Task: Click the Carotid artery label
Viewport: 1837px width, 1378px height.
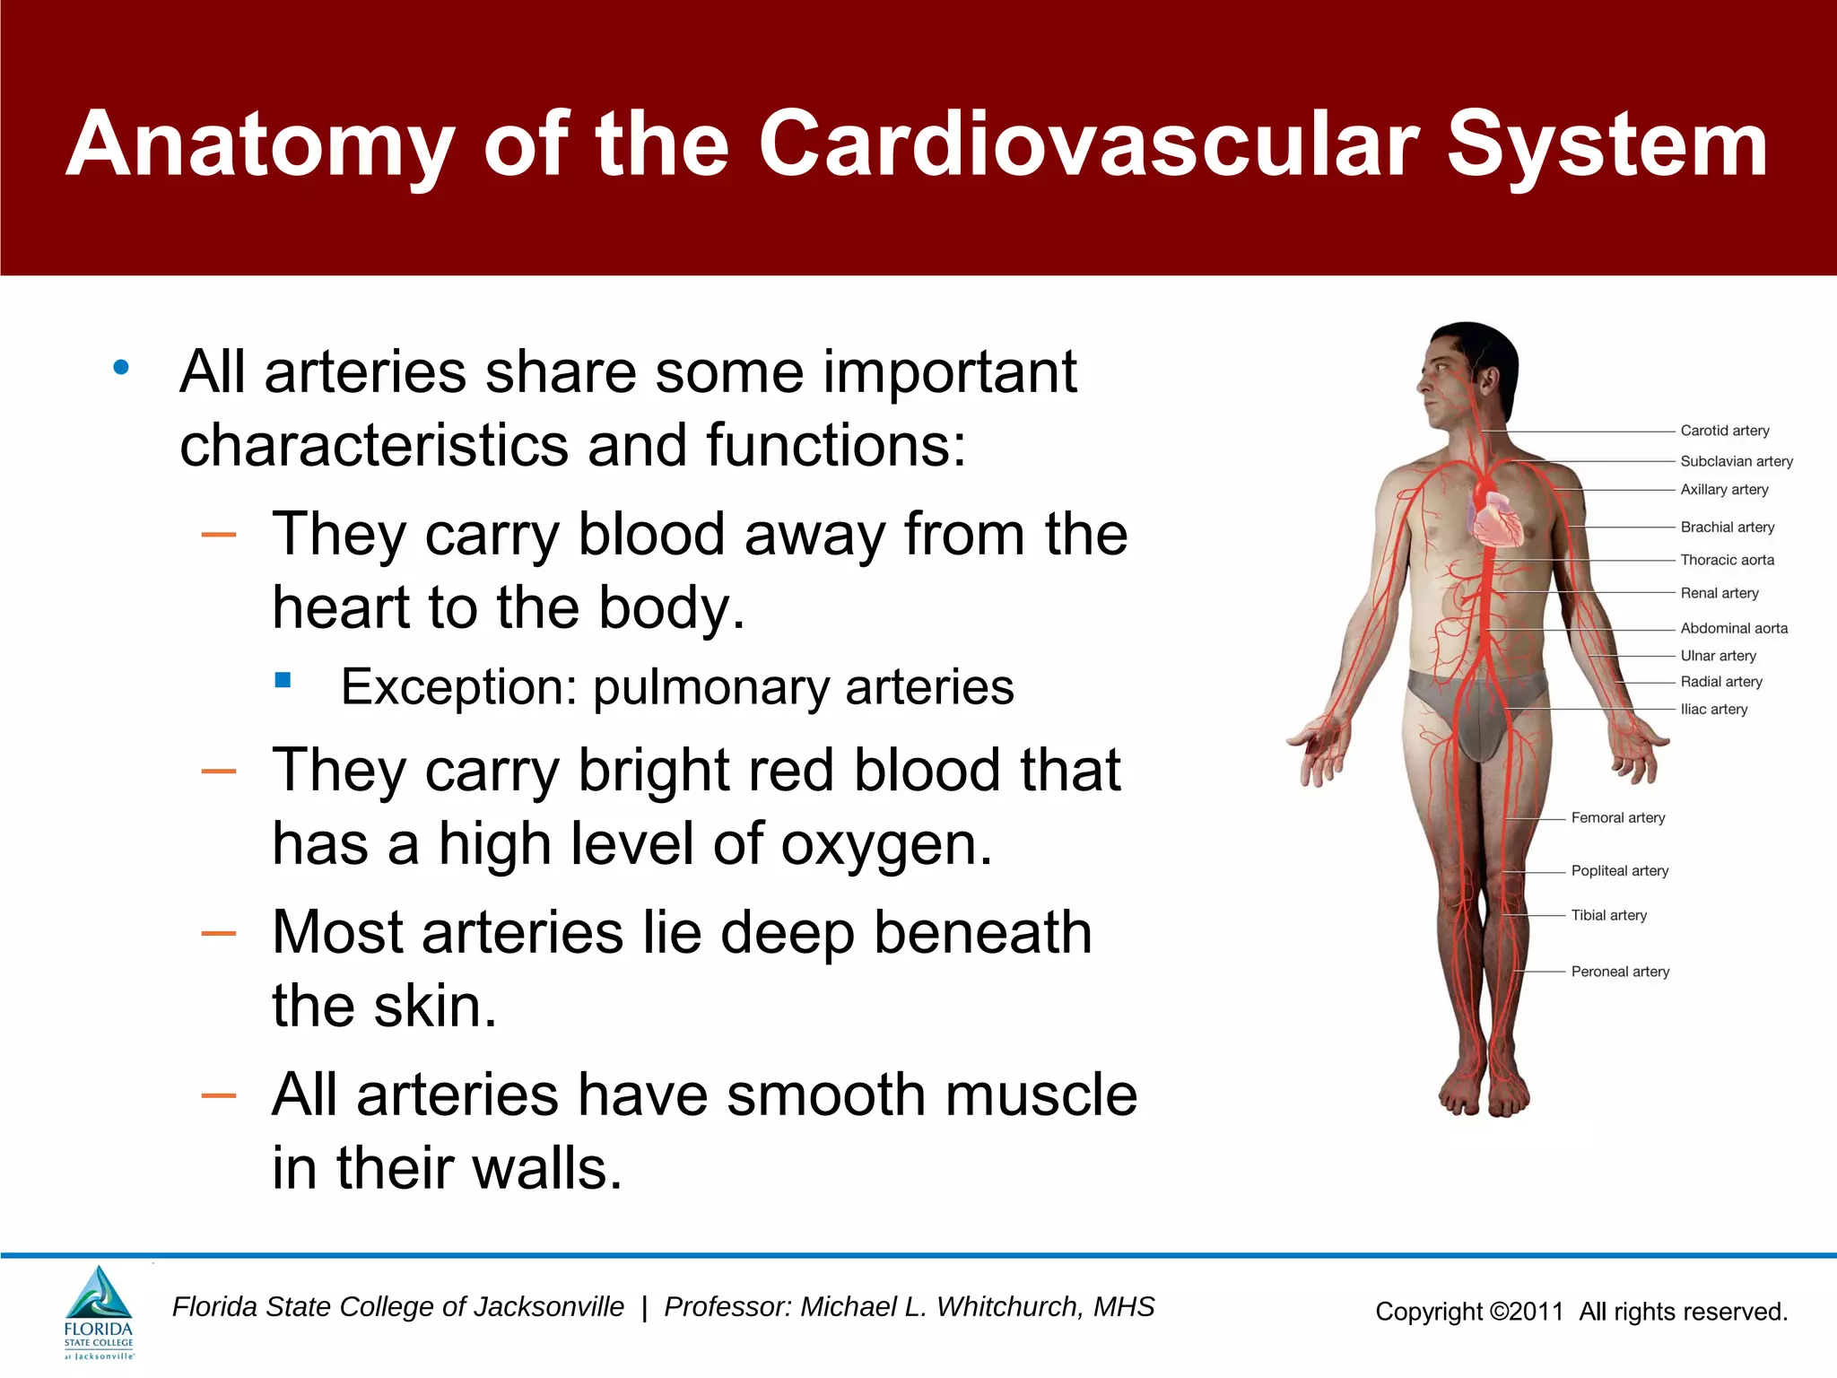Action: (x=1724, y=431)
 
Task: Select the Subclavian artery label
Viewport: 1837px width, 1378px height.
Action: (x=1736, y=461)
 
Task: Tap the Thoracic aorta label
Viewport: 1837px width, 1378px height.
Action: (x=1727, y=560)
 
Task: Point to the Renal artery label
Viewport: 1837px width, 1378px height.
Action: (x=1719, y=593)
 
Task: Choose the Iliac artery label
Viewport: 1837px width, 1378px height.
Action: (x=1713, y=709)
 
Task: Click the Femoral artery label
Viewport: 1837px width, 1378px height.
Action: (x=1617, y=817)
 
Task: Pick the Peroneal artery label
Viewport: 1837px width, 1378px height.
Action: (x=1619, y=972)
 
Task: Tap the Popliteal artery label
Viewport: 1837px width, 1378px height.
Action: (x=1619, y=870)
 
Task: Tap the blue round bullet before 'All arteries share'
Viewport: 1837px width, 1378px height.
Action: (x=121, y=367)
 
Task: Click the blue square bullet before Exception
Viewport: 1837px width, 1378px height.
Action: (x=283, y=680)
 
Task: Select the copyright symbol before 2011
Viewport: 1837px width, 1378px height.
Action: (x=1499, y=1312)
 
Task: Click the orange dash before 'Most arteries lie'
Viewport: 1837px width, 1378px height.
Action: (x=219, y=934)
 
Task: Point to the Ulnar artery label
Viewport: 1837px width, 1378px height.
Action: (x=1718, y=656)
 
